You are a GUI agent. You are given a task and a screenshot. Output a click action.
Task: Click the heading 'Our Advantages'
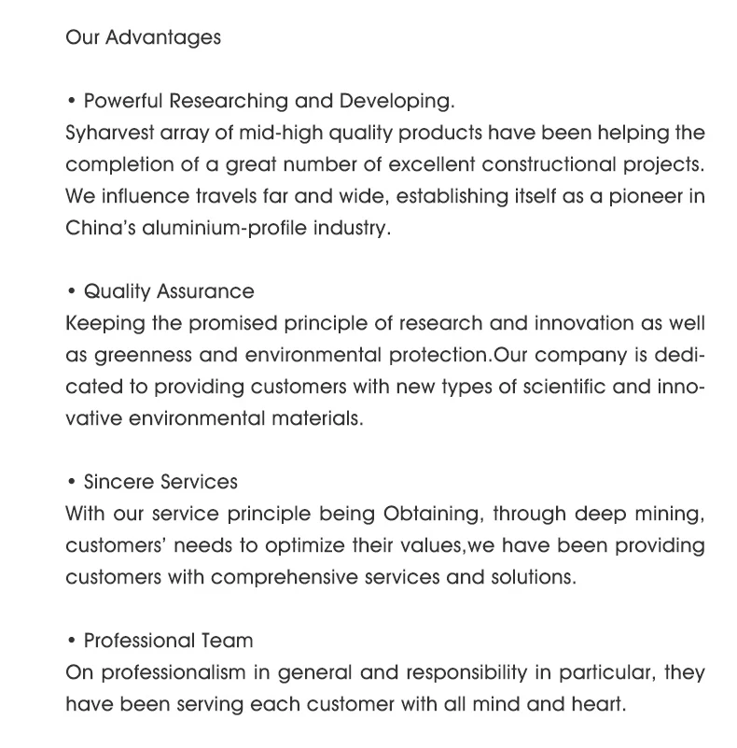143,38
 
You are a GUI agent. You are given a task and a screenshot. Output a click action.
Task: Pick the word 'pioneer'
635,197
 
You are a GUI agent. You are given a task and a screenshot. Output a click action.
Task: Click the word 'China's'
100,229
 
